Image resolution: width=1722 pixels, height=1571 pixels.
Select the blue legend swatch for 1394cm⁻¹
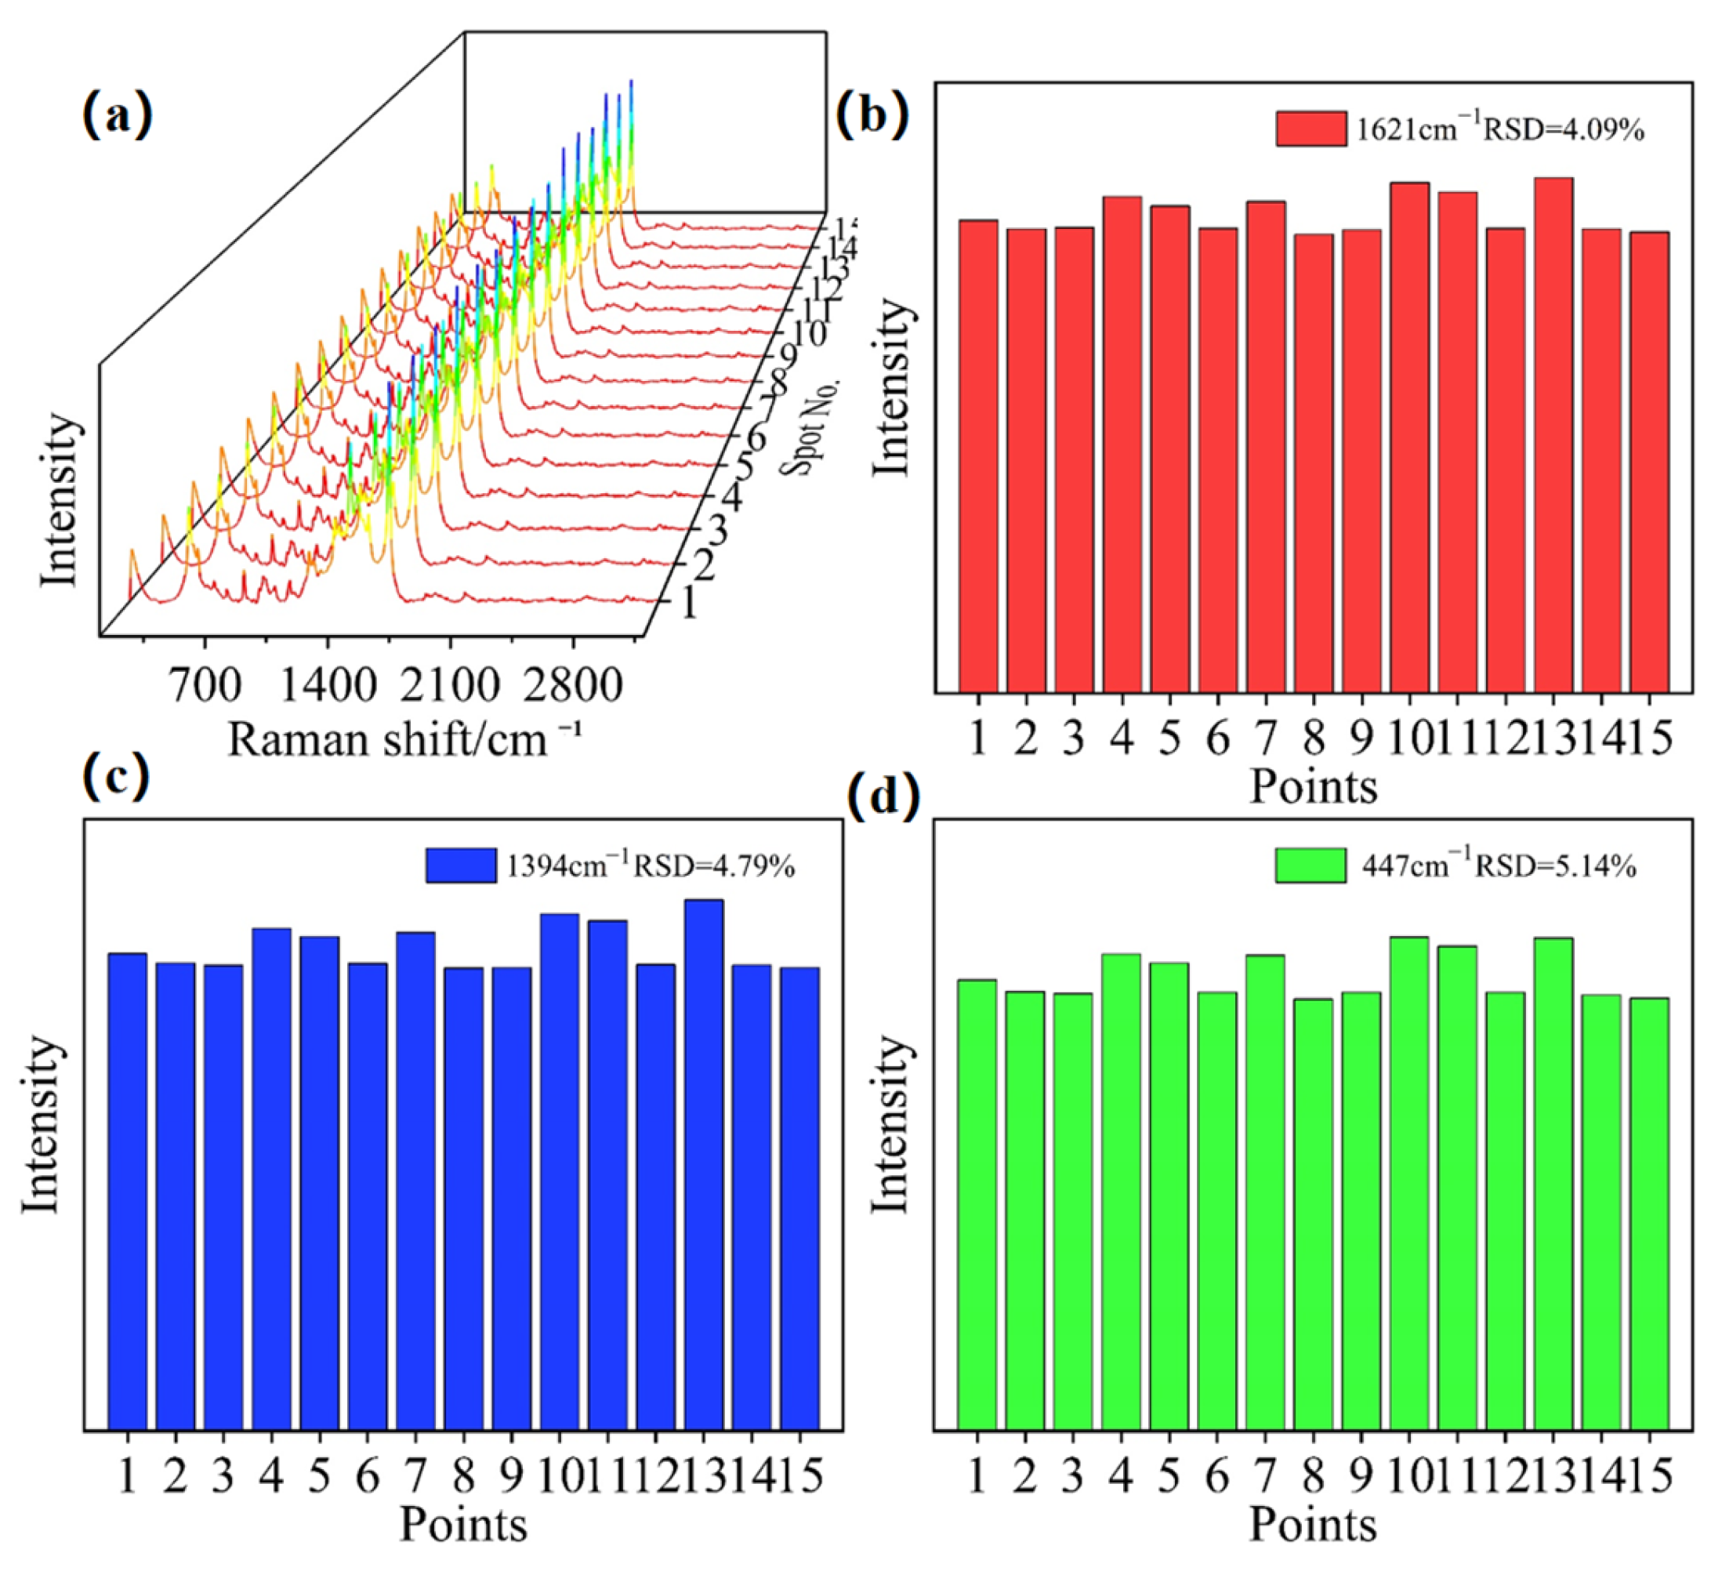[460, 865]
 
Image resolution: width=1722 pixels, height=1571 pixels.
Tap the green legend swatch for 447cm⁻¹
[1310, 865]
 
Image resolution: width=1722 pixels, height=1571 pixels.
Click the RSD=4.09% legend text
[1562, 130]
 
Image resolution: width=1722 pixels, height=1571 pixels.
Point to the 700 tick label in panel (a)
[205, 685]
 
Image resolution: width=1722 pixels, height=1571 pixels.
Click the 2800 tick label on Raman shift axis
[572, 685]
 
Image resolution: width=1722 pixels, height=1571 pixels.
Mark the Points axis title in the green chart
[1313, 1524]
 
